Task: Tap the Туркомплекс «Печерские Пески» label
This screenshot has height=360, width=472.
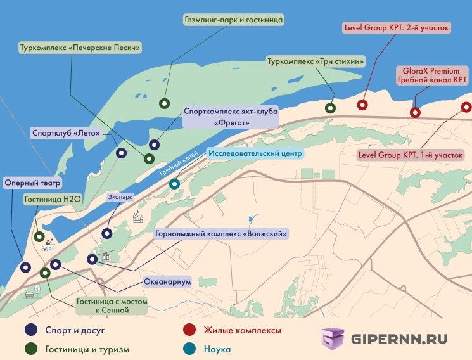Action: (79, 48)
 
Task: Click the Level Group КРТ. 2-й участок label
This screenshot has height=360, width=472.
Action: (396, 28)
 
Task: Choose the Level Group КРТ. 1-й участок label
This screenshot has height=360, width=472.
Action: (411, 154)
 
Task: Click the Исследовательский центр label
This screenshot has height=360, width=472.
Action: (257, 153)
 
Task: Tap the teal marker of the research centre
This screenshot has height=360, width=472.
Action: (174, 184)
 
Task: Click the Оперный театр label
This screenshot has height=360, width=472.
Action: (32, 183)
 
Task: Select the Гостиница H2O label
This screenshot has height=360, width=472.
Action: (53, 199)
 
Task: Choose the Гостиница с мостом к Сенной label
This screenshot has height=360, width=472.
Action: (111, 306)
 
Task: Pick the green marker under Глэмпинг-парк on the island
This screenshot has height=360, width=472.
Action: (164, 103)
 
